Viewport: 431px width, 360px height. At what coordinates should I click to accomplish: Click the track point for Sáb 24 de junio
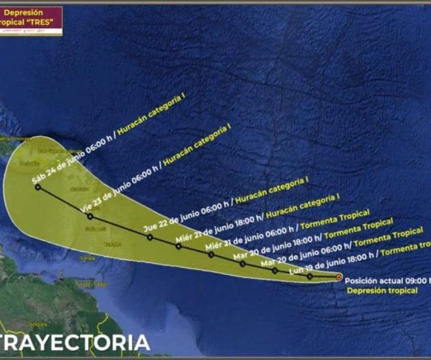[x=38, y=187]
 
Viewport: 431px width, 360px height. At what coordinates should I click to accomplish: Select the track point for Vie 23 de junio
[x=90, y=216]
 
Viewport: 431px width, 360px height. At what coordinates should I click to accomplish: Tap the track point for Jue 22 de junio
[x=150, y=237]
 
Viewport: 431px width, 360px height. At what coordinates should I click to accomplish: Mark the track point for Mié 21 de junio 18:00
[x=178, y=245]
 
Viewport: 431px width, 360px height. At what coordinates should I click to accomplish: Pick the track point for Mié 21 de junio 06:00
[x=211, y=254]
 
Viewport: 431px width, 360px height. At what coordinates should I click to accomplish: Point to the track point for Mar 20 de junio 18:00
[x=242, y=263]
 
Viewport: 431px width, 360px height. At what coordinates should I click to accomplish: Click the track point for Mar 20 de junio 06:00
[x=275, y=270]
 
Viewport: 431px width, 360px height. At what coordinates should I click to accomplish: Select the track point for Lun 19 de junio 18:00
[x=310, y=276]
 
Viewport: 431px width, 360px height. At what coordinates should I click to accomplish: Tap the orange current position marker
[x=339, y=277]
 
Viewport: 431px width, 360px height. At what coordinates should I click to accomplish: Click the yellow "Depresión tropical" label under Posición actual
[x=382, y=291]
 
